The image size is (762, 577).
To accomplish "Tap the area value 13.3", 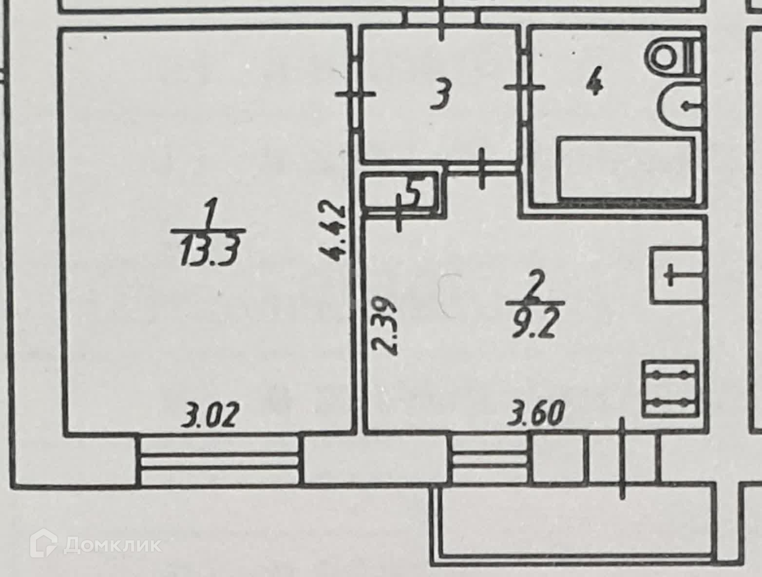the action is point(210,251).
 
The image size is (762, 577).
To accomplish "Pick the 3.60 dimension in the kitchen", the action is point(536,414).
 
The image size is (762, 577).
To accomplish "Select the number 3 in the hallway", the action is point(441,95).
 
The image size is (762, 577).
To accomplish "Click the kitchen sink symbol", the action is point(676,276).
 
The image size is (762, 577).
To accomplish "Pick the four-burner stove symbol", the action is point(670,388).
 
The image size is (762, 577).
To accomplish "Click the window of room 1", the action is point(219,460).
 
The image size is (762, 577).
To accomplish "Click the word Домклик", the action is point(113,544).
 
